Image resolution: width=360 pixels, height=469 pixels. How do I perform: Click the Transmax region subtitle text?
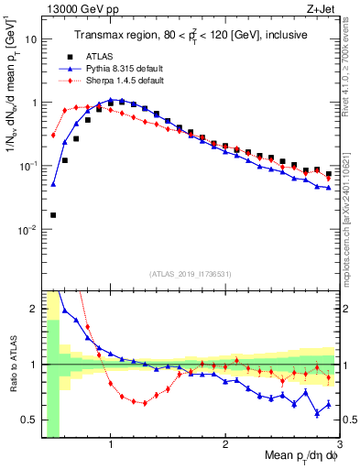point(192,36)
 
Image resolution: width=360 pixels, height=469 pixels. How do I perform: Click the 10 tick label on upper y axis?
point(30,39)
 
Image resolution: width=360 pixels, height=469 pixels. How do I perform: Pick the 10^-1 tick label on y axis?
point(27,166)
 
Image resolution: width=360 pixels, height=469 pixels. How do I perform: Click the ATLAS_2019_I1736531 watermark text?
point(191,274)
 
